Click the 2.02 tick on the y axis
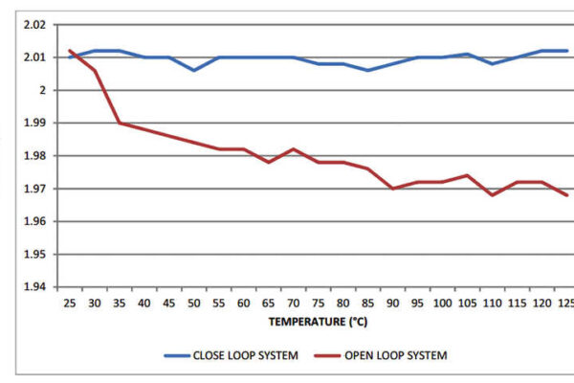pos(34,24)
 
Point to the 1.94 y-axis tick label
pos(34,287)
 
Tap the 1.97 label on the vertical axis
pos(34,189)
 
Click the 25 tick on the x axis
pos(70,303)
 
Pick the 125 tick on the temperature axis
pos(565,303)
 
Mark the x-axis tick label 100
pos(442,303)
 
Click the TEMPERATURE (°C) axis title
pos(317,323)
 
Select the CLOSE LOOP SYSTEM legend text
pos(251,355)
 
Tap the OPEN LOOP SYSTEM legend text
pos(395,355)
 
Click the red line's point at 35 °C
pos(120,123)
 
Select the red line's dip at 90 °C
pos(392,189)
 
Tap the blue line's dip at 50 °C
pos(194,70)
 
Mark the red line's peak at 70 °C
pos(293,149)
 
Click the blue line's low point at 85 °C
pos(367,70)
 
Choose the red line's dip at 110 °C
pos(492,195)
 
